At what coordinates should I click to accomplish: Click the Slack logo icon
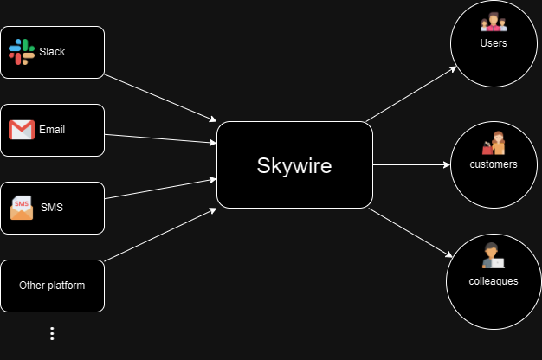22,52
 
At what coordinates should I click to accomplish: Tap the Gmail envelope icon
22,130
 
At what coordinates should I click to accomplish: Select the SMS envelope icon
22,208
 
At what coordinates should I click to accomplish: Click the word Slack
52,52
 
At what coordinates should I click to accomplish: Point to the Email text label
52,130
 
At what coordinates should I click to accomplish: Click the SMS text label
52,208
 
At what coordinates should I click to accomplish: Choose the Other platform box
52,285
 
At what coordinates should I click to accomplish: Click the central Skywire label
294,165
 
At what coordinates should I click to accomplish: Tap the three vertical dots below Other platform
52,333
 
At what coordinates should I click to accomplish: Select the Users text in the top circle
494,42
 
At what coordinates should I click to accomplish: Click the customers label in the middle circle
494,164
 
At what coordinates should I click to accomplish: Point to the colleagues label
494,280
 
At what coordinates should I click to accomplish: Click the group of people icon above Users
494,22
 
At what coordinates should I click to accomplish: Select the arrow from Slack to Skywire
160,98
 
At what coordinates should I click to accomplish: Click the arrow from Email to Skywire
160,138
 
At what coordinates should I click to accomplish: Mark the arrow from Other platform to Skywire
160,235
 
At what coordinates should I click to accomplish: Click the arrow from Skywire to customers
411,164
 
